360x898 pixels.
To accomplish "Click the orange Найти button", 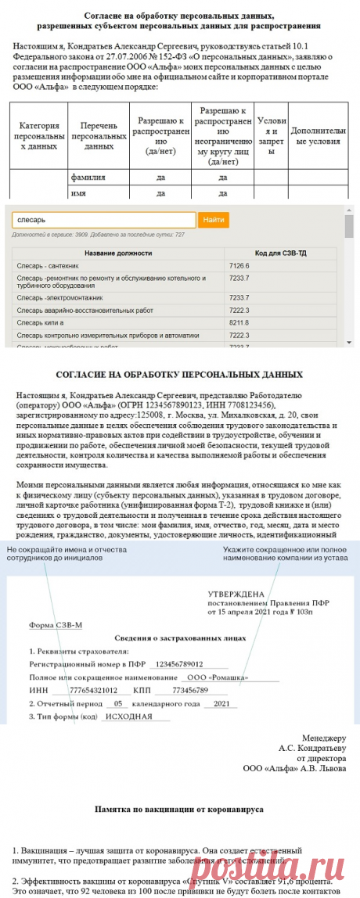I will [213, 221].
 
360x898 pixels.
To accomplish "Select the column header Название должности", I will [118, 254].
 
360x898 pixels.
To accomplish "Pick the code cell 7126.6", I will [239, 266].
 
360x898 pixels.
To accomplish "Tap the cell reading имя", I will [78, 192].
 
